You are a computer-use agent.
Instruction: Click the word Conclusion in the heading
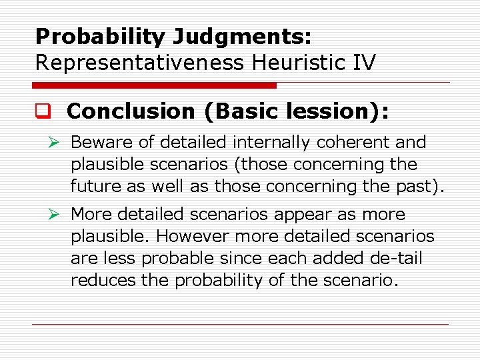click(x=131, y=111)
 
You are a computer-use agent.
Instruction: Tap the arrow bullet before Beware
click(x=57, y=143)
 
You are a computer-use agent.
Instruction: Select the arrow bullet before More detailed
click(x=57, y=215)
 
